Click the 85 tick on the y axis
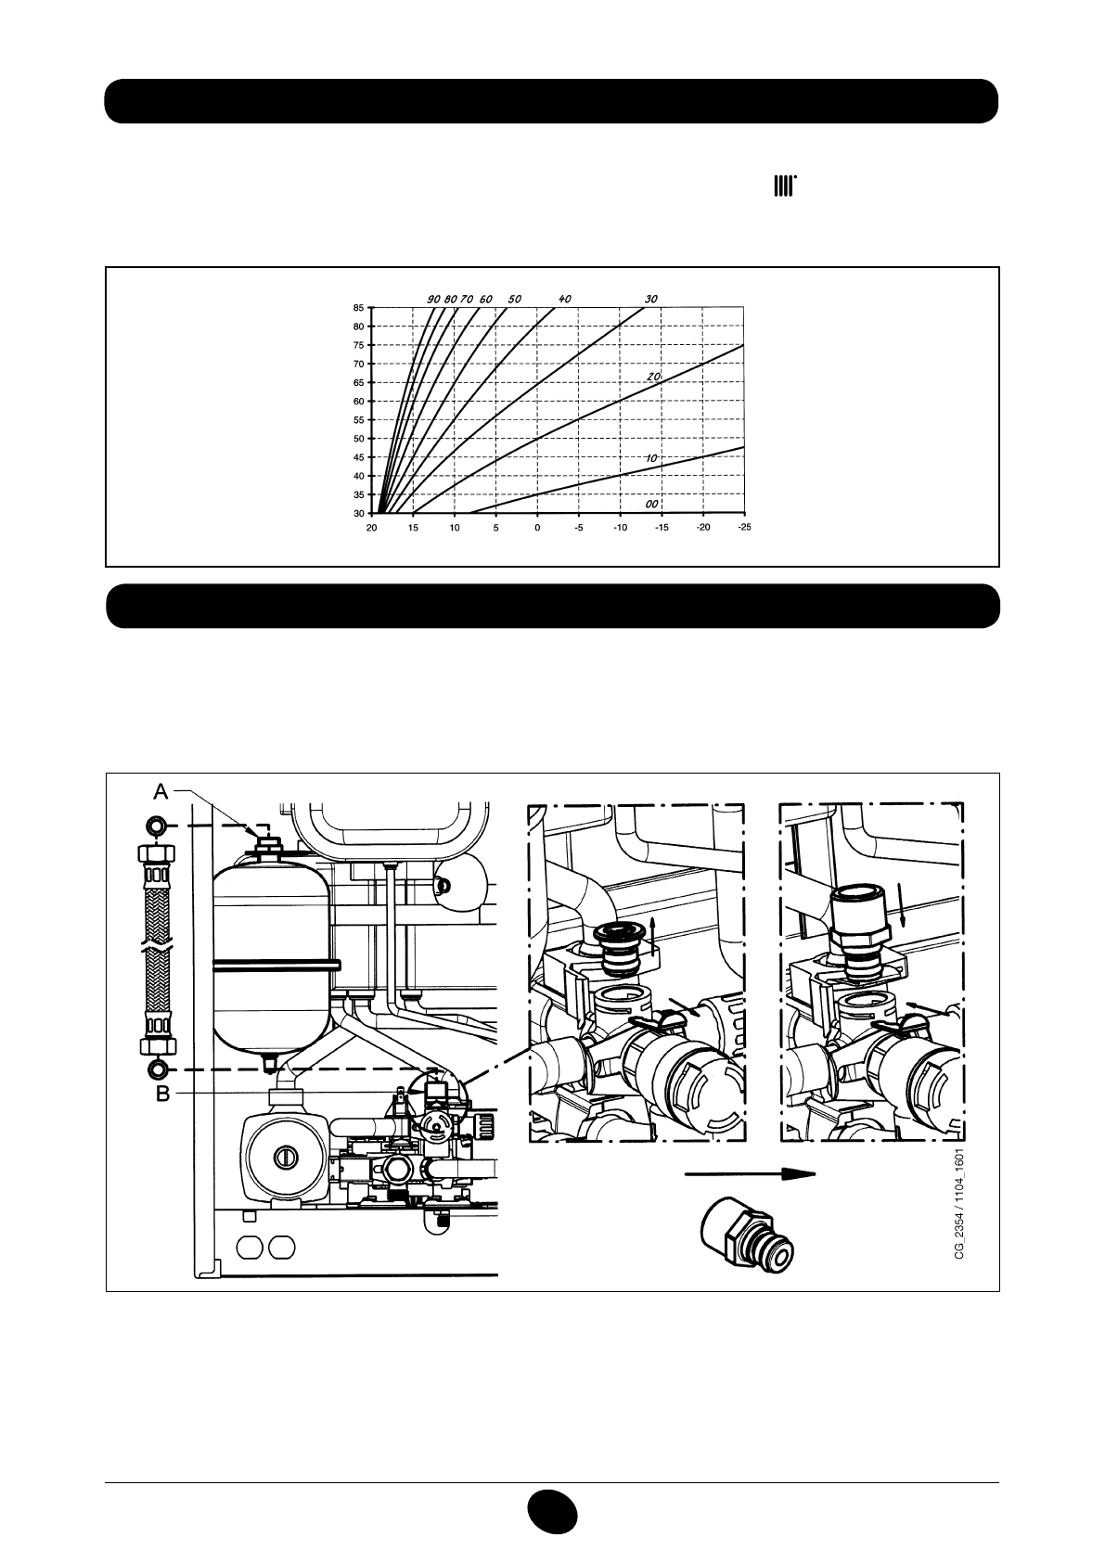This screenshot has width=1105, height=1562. click(358, 308)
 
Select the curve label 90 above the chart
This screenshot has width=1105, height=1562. click(433, 300)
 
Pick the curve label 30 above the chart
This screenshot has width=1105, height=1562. click(651, 300)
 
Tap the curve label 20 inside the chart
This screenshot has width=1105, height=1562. click(653, 377)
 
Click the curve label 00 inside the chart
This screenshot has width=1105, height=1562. click(653, 502)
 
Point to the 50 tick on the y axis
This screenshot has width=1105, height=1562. click(358, 439)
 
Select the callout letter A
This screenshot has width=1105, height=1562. click(161, 791)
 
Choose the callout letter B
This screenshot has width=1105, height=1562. click(162, 1095)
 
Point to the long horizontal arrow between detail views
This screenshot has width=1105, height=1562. click(750, 1172)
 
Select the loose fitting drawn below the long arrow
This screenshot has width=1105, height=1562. click(749, 1235)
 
